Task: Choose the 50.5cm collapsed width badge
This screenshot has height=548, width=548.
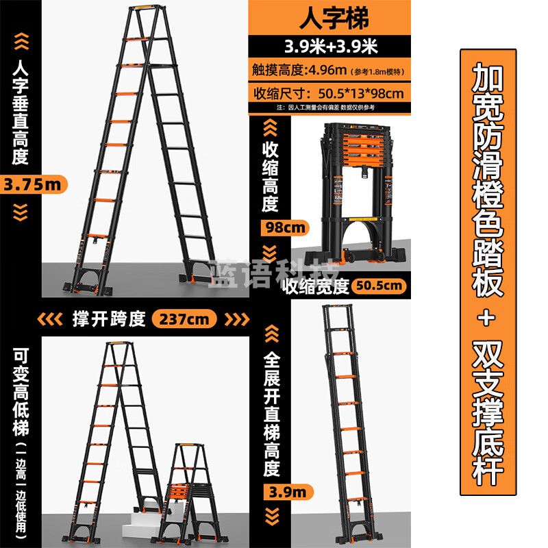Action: pos(379,286)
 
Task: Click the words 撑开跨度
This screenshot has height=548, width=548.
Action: pos(110,319)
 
